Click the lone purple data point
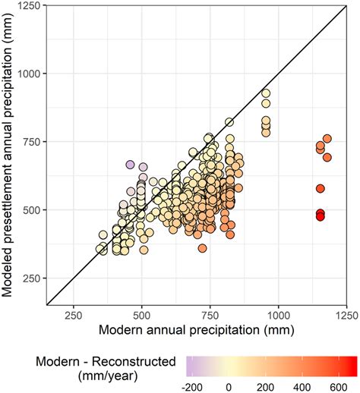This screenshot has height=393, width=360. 130,165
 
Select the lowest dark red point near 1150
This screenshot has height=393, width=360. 321,217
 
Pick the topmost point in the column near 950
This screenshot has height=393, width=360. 266,94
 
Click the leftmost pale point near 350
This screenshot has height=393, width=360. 100,249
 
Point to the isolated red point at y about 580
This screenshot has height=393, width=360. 321,188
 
